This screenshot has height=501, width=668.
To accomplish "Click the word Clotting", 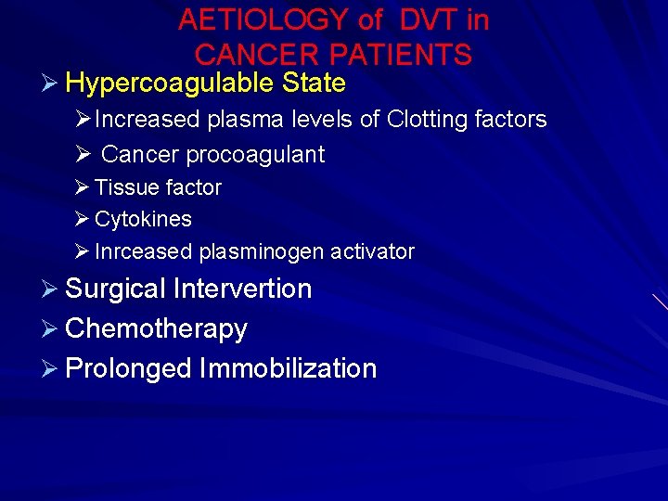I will [x=429, y=119].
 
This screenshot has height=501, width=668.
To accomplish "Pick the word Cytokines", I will [x=143, y=220].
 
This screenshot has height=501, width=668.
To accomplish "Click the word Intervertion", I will [x=242, y=289].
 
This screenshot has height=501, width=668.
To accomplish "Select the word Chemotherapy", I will [x=157, y=328].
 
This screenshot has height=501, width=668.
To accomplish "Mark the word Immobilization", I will [x=288, y=368].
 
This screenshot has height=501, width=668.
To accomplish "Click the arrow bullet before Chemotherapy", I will [x=51, y=328].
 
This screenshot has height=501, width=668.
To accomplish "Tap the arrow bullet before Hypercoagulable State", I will [x=51, y=83].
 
